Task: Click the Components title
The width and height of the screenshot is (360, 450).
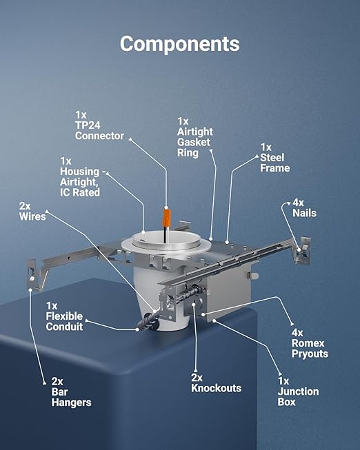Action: [180, 44]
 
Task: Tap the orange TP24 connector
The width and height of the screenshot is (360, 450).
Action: [166, 217]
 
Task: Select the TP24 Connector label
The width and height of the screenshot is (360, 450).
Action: [99, 125]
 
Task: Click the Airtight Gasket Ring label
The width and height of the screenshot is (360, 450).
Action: [194, 137]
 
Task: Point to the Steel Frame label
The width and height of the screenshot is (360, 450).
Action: [274, 158]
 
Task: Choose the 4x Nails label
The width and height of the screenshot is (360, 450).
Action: [304, 208]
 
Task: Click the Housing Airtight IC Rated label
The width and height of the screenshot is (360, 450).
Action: [80, 177]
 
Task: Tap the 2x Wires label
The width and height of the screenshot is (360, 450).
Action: [32, 211]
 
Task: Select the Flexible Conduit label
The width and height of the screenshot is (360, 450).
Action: [64, 316]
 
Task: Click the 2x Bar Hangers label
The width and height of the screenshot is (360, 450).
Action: [71, 391]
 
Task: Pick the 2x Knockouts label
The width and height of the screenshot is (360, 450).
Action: [216, 383]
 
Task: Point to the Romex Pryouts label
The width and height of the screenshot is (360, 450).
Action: [310, 343]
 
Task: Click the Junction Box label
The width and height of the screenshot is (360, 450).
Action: [298, 391]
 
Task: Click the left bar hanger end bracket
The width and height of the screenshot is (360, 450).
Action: [34, 275]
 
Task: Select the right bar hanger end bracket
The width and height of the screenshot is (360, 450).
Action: [302, 249]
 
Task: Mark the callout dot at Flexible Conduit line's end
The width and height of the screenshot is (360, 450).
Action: [137, 330]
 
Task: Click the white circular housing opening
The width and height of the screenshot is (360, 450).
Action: [166, 238]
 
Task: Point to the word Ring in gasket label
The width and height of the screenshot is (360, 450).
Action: [188, 153]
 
